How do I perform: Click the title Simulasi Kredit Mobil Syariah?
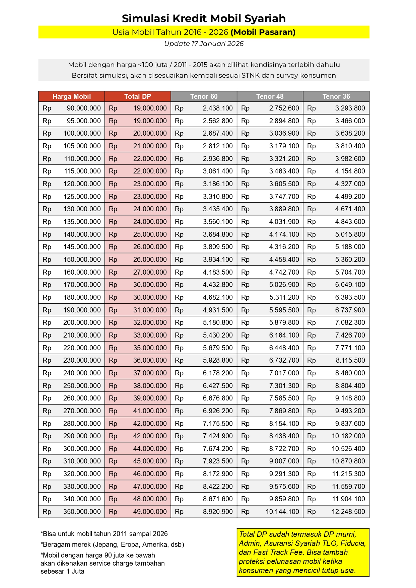coord(204,18)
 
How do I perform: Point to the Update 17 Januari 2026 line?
coord(204,44)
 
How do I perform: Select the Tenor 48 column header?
coord(270,96)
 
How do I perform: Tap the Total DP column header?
coord(137,96)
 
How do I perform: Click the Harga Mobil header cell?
coord(71,96)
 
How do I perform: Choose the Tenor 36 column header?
coord(336,96)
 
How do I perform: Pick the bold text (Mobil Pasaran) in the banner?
coord(263,32)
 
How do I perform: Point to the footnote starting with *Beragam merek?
coord(112,544)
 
